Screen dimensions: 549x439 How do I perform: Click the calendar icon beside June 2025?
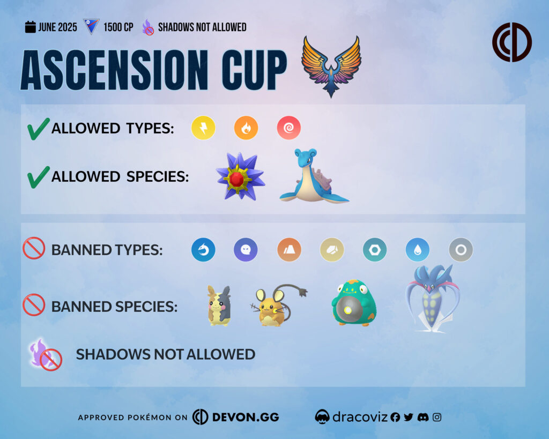coord(31,27)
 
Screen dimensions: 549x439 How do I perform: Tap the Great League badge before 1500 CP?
coord(91,27)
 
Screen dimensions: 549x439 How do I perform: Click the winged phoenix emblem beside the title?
coord(331,66)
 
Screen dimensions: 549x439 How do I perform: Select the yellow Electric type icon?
coord(203,128)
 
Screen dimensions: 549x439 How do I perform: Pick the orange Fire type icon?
coord(246,128)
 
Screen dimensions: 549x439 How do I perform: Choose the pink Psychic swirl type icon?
coord(289,128)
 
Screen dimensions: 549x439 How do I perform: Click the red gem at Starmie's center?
coord(236,179)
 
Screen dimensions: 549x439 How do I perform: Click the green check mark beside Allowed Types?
coord(39,129)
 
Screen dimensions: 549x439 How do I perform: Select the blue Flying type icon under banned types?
coord(203,250)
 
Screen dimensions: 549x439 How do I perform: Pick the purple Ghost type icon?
coord(246,250)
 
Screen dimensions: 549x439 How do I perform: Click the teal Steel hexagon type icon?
coord(375,250)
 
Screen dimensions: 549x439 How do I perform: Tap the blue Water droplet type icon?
coord(418,250)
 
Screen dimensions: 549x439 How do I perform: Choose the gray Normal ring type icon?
coord(461,250)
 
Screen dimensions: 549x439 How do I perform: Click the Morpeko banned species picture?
coord(219,306)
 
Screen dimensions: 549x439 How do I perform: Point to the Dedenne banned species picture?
coord(278,306)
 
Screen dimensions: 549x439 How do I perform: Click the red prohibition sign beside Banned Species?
coord(34,305)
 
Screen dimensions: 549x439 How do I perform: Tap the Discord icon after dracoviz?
coord(423,418)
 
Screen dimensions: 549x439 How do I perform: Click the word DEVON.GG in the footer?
coord(246,417)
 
